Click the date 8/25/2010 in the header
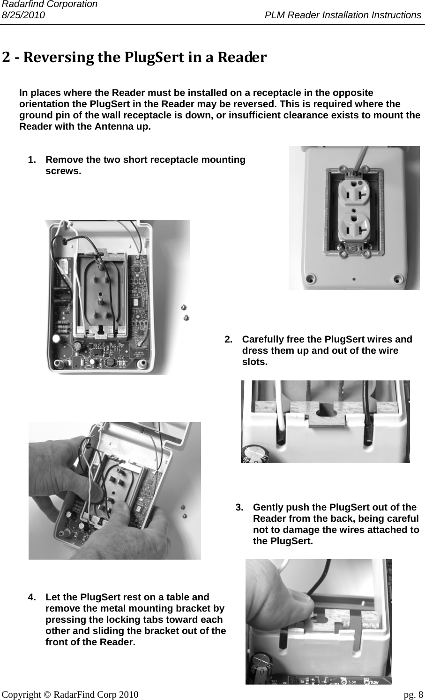[x=23, y=15]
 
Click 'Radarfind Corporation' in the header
[x=49, y=4]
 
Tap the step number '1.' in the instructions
[x=32, y=160]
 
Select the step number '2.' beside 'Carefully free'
[x=229, y=339]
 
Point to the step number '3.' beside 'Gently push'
[x=240, y=507]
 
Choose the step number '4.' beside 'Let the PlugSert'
[x=32, y=597]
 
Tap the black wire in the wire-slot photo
[x=368, y=412]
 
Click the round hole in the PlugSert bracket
[x=325, y=410]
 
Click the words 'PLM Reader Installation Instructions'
[x=343, y=15]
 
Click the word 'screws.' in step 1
[x=63, y=171]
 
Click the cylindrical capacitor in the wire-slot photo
[x=255, y=454]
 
